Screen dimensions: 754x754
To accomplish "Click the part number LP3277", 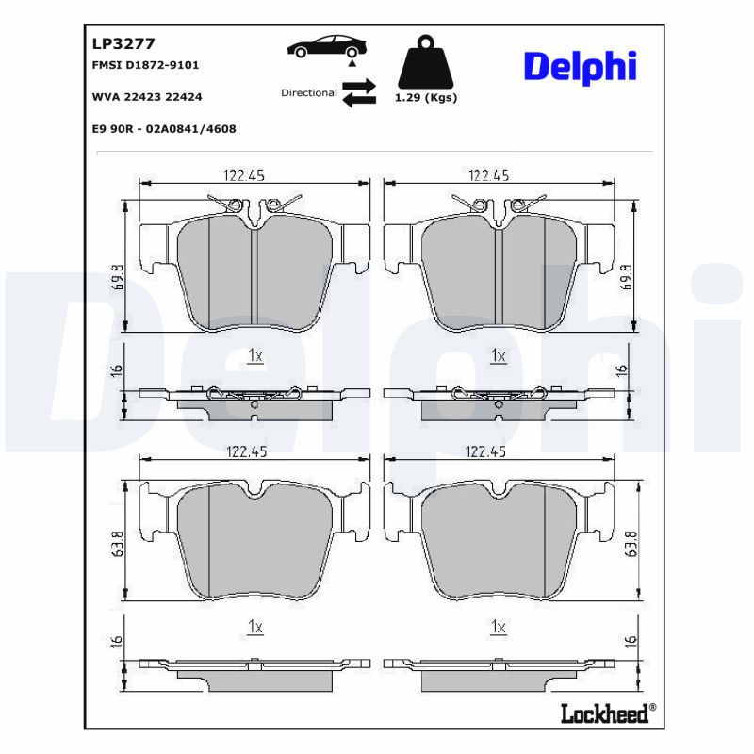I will [x=123, y=42].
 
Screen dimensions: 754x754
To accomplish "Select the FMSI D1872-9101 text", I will [x=145, y=65].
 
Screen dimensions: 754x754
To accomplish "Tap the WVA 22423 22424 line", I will [x=147, y=96].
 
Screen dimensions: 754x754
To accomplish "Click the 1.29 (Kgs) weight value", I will [x=425, y=98].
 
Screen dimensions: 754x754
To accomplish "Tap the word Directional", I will [x=308, y=92].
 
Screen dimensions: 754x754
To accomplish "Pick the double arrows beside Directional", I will [x=358, y=92].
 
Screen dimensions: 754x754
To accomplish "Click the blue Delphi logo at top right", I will [x=580, y=66].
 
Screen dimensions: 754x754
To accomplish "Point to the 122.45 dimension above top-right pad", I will [x=488, y=174].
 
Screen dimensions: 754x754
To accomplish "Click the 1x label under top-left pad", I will [x=254, y=355].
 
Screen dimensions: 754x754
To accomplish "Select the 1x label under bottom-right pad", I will [x=499, y=627].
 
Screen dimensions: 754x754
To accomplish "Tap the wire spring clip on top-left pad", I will [x=253, y=205].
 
